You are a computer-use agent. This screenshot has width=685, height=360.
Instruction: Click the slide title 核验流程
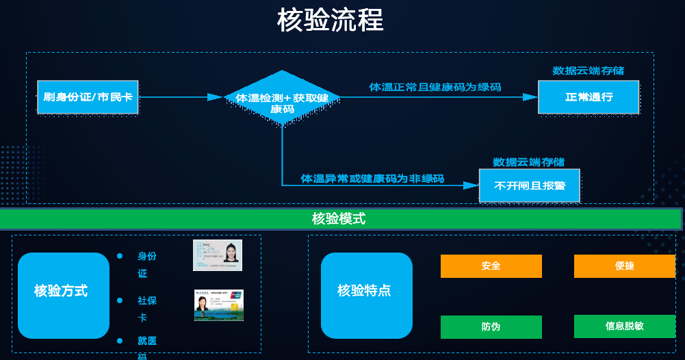(330, 21)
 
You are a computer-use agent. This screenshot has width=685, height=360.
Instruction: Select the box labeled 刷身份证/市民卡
(88, 97)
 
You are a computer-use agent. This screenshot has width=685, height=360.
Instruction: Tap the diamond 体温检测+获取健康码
(282, 98)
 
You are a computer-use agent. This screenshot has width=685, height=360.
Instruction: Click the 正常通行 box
(588, 97)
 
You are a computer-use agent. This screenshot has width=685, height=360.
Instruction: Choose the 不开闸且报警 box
(529, 185)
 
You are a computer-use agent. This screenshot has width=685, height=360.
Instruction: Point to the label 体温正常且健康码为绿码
(435, 87)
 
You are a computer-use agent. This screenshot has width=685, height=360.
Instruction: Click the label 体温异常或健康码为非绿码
(372, 179)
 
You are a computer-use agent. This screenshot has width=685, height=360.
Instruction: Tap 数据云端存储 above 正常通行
(588, 70)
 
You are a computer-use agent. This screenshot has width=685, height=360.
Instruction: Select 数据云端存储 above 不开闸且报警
(529, 162)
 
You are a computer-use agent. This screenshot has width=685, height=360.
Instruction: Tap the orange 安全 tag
(491, 266)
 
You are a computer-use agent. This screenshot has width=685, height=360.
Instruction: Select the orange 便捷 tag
(624, 266)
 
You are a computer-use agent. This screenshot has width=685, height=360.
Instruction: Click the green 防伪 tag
(491, 326)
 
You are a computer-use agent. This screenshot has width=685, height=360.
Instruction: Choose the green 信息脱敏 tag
(624, 326)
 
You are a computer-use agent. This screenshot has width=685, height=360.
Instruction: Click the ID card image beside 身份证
(218, 255)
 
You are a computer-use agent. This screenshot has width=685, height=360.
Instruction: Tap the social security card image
(218, 305)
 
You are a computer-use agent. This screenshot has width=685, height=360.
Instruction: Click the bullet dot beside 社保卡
(120, 300)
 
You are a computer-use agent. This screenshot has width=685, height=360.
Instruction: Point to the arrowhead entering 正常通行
(530, 97)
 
